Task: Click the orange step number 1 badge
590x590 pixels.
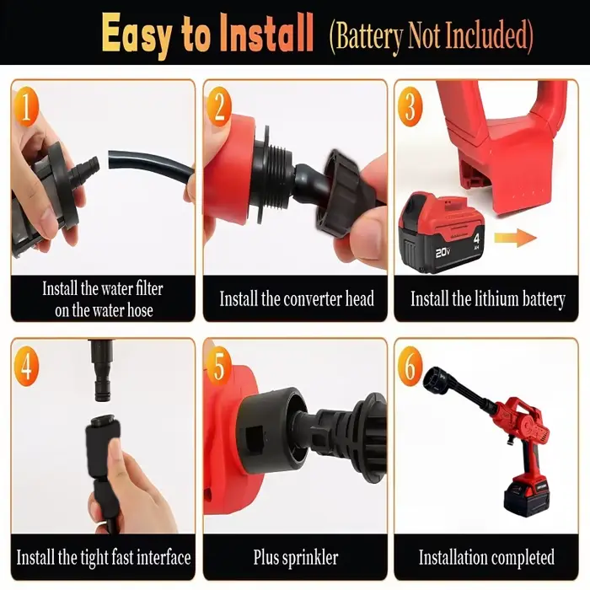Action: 26,106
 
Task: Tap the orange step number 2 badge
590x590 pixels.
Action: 218,106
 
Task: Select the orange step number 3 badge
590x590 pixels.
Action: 410,106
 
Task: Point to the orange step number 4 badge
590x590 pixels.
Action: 26,366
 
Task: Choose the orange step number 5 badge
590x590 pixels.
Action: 218,366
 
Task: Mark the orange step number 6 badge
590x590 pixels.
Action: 410,366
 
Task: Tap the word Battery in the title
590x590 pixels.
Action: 367,35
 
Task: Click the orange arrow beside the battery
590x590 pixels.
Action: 515,238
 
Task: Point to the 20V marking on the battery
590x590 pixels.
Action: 443,253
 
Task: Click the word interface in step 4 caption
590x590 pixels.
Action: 164,557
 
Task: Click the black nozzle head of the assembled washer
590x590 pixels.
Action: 437,382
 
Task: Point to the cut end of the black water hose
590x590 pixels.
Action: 111,159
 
